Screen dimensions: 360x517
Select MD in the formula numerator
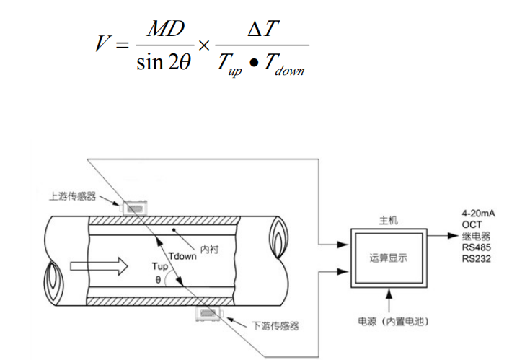[x=165, y=30]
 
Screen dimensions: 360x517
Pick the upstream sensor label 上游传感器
[x=72, y=196]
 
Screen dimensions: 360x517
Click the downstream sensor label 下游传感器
[x=275, y=326]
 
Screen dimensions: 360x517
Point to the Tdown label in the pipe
[x=181, y=255]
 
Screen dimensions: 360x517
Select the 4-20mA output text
[x=478, y=214]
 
